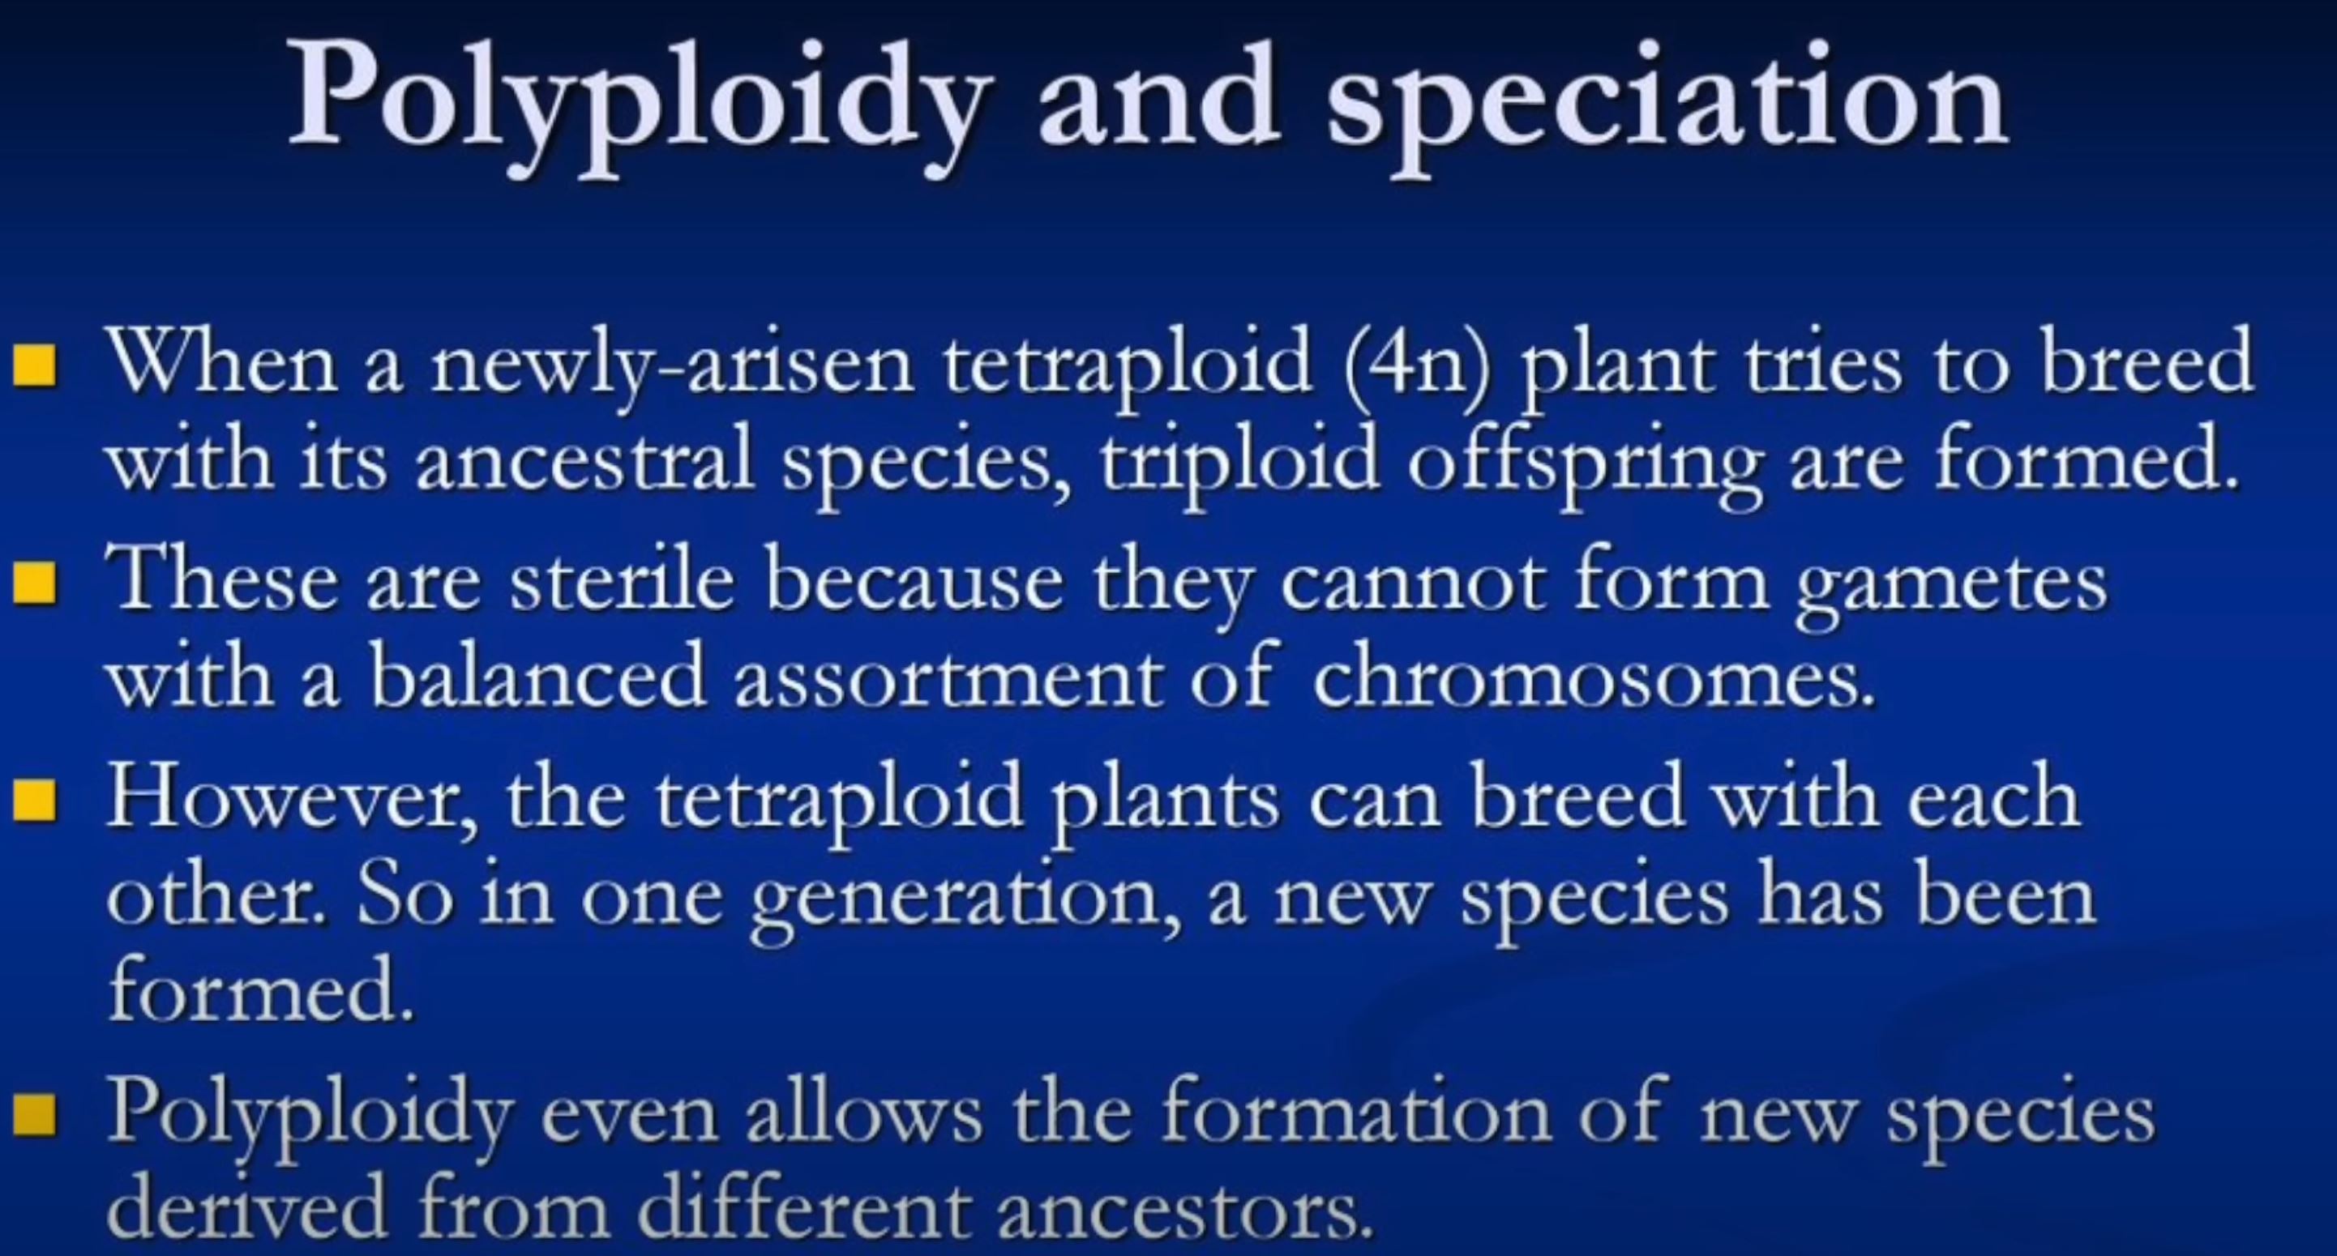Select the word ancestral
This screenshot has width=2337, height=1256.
[585, 463]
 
